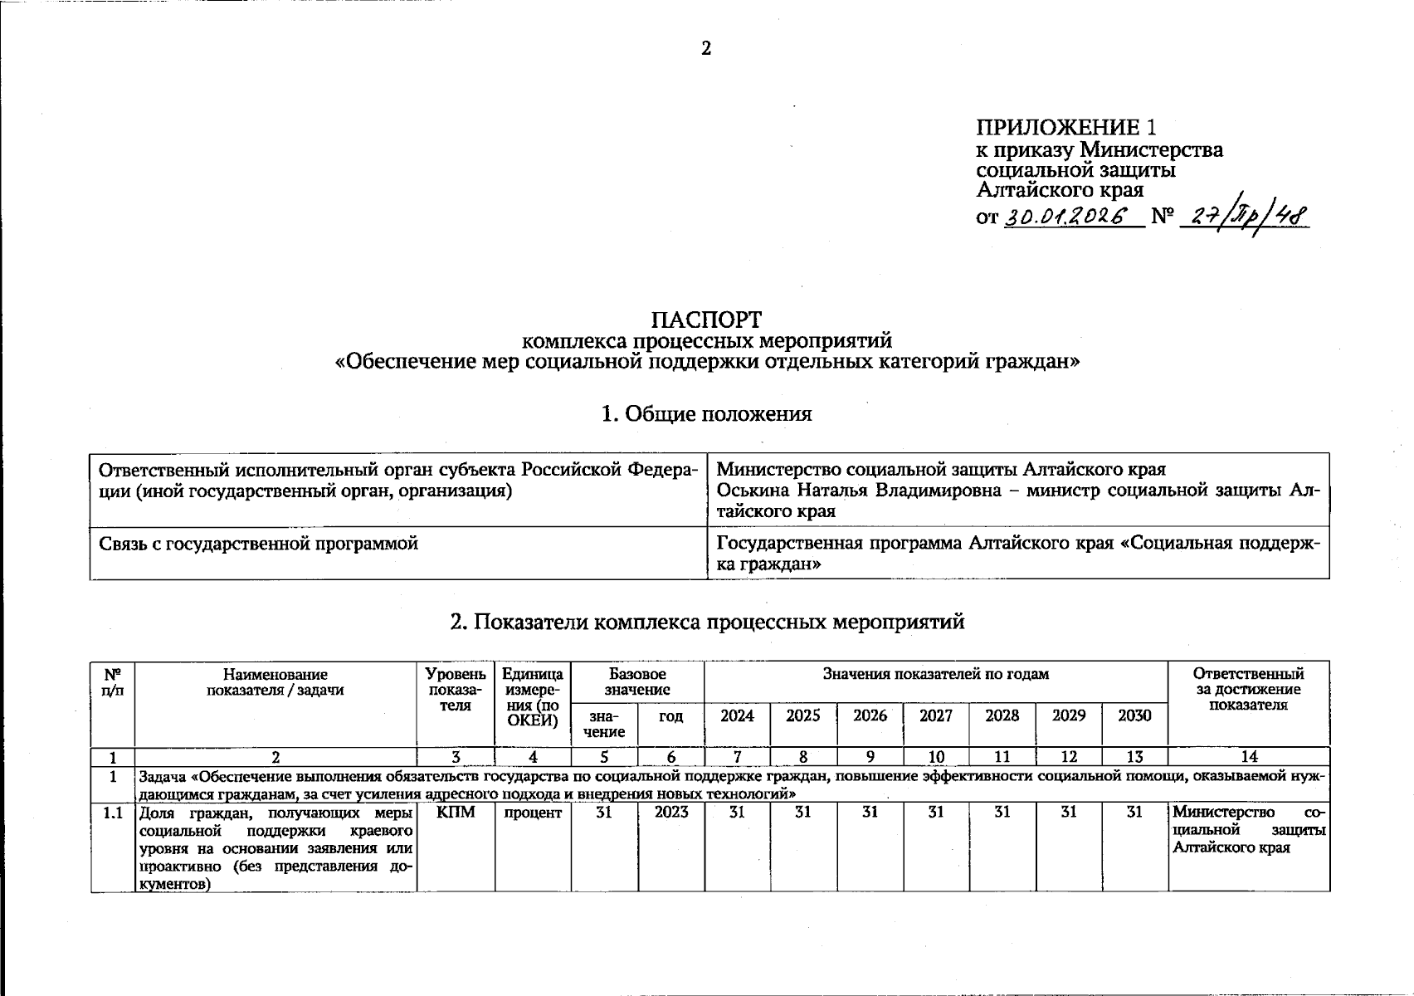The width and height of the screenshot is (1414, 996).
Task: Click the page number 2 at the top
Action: [x=706, y=49]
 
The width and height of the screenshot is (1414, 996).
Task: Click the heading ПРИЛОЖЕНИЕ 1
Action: [x=1066, y=128]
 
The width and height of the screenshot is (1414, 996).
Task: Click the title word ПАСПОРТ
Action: [x=706, y=320]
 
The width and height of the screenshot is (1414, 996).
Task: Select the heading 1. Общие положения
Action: [x=706, y=413]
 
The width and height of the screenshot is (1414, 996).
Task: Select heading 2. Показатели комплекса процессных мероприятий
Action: [x=706, y=622]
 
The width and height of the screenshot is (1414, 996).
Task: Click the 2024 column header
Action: [x=737, y=715]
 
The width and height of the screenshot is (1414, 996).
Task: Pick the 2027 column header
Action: [x=936, y=715]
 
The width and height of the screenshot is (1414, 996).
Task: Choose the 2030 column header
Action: [x=1134, y=715]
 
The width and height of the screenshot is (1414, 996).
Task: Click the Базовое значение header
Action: [x=637, y=681]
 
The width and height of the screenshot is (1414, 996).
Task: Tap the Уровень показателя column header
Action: [x=456, y=690]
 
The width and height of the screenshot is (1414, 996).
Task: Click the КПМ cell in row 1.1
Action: [x=456, y=812]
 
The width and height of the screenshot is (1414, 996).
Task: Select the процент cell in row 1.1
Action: [x=533, y=813]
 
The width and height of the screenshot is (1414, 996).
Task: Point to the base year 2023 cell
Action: [x=670, y=812]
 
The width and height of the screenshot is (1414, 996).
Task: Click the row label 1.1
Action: [x=113, y=813]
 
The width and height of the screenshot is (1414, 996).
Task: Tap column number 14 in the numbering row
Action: [x=1248, y=756]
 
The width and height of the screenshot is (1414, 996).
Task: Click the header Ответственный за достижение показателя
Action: [x=1248, y=689]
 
